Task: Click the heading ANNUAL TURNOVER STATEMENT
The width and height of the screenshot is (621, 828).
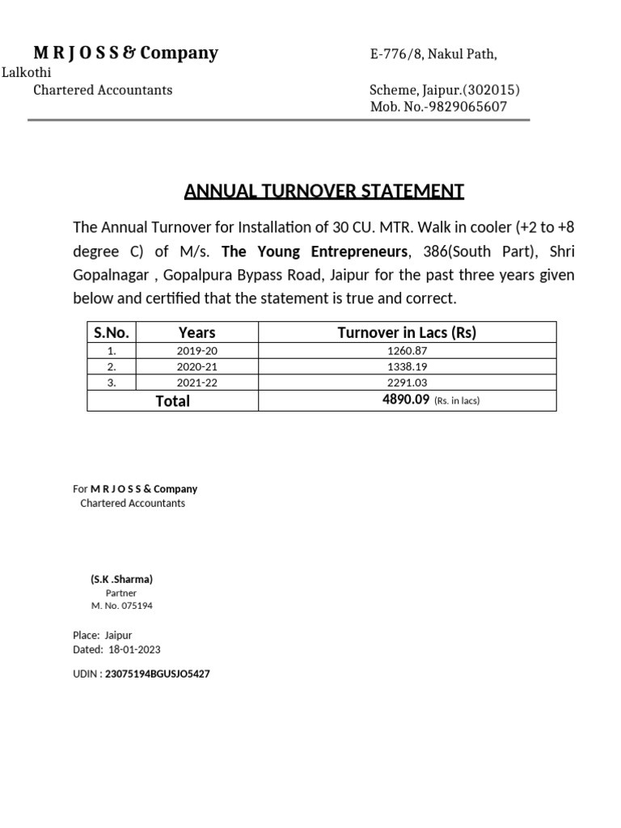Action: click(323, 192)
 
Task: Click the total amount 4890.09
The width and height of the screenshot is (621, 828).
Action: click(405, 400)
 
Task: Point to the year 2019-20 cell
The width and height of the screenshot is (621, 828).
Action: click(196, 350)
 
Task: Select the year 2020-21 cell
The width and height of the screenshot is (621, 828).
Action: click(196, 366)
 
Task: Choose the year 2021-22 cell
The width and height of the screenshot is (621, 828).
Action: click(196, 382)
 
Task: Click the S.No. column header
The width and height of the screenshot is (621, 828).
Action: click(112, 332)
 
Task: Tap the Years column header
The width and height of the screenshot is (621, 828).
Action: click(196, 332)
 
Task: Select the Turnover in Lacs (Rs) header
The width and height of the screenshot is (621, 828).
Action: click(406, 332)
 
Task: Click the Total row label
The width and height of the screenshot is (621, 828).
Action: click(172, 401)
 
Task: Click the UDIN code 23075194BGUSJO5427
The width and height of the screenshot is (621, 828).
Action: click(157, 674)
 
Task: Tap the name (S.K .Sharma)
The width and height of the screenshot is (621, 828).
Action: click(121, 580)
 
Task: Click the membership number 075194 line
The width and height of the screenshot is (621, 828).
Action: click(121, 605)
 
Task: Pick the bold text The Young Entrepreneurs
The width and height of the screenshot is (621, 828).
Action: click(315, 251)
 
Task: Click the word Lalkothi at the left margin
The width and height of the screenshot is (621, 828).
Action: click(26, 73)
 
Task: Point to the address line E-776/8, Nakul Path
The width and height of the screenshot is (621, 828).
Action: click(433, 54)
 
